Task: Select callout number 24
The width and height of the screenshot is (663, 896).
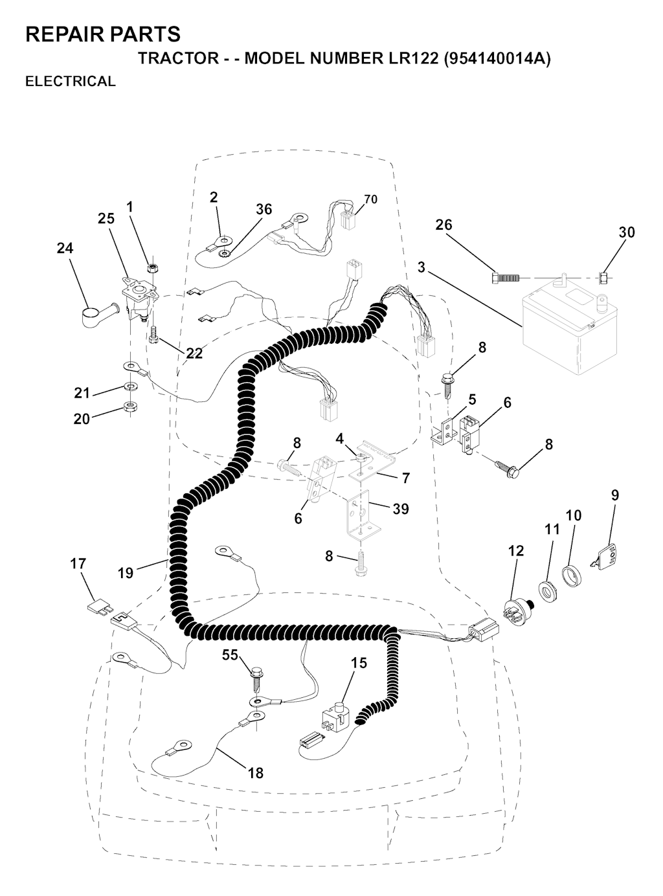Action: click(65, 248)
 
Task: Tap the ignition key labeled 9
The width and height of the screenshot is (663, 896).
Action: click(607, 556)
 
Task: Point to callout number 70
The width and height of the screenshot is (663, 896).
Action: click(370, 199)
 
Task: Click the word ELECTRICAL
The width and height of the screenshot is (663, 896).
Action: click(71, 81)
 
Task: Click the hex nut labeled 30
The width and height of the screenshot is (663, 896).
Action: click(603, 278)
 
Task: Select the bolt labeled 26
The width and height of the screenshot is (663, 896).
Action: click(505, 278)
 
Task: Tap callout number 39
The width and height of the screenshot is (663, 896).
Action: click(400, 509)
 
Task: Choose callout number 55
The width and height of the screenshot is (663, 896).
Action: click(230, 655)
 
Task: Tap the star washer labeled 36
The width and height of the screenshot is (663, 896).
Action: click(223, 254)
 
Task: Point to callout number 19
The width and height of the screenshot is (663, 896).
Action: click(126, 572)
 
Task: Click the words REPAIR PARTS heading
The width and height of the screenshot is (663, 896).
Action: click(103, 34)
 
